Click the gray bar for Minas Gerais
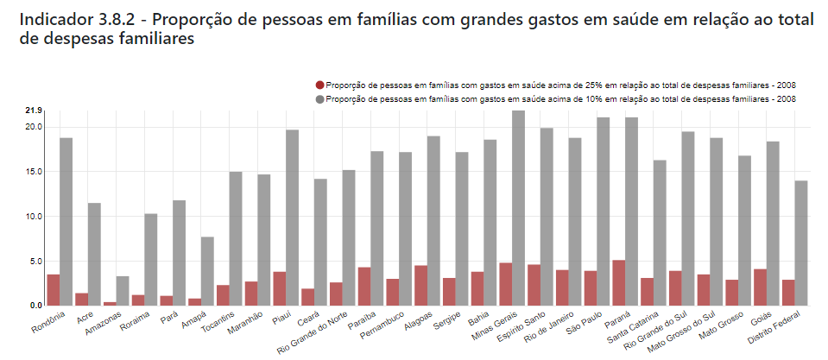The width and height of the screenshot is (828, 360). [x=518, y=208]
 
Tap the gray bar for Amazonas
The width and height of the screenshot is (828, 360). [x=123, y=290]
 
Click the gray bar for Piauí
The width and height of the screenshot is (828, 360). [x=293, y=217]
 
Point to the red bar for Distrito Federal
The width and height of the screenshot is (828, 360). [x=787, y=292]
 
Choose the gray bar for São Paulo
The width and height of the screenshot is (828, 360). [x=603, y=211]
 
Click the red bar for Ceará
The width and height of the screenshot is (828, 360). [x=307, y=296]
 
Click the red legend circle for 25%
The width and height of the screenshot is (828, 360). [x=320, y=85]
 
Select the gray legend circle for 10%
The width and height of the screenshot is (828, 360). [x=320, y=99]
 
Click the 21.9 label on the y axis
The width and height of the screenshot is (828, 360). [x=34, y=111]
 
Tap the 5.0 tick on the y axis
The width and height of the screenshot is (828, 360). [x=35, y=261]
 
